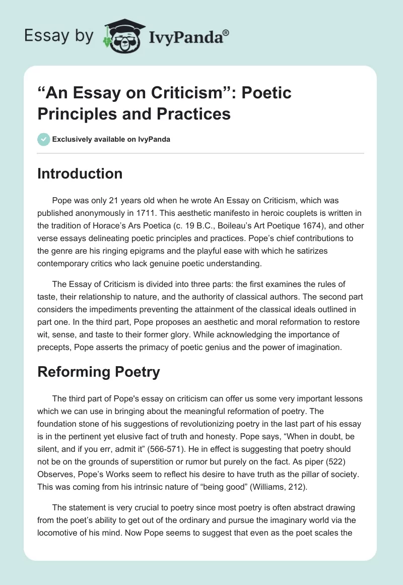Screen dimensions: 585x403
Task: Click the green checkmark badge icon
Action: coord(43,139)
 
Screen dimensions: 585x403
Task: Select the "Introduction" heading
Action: coord(80,173)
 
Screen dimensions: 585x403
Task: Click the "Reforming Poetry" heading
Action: coord(99,372)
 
